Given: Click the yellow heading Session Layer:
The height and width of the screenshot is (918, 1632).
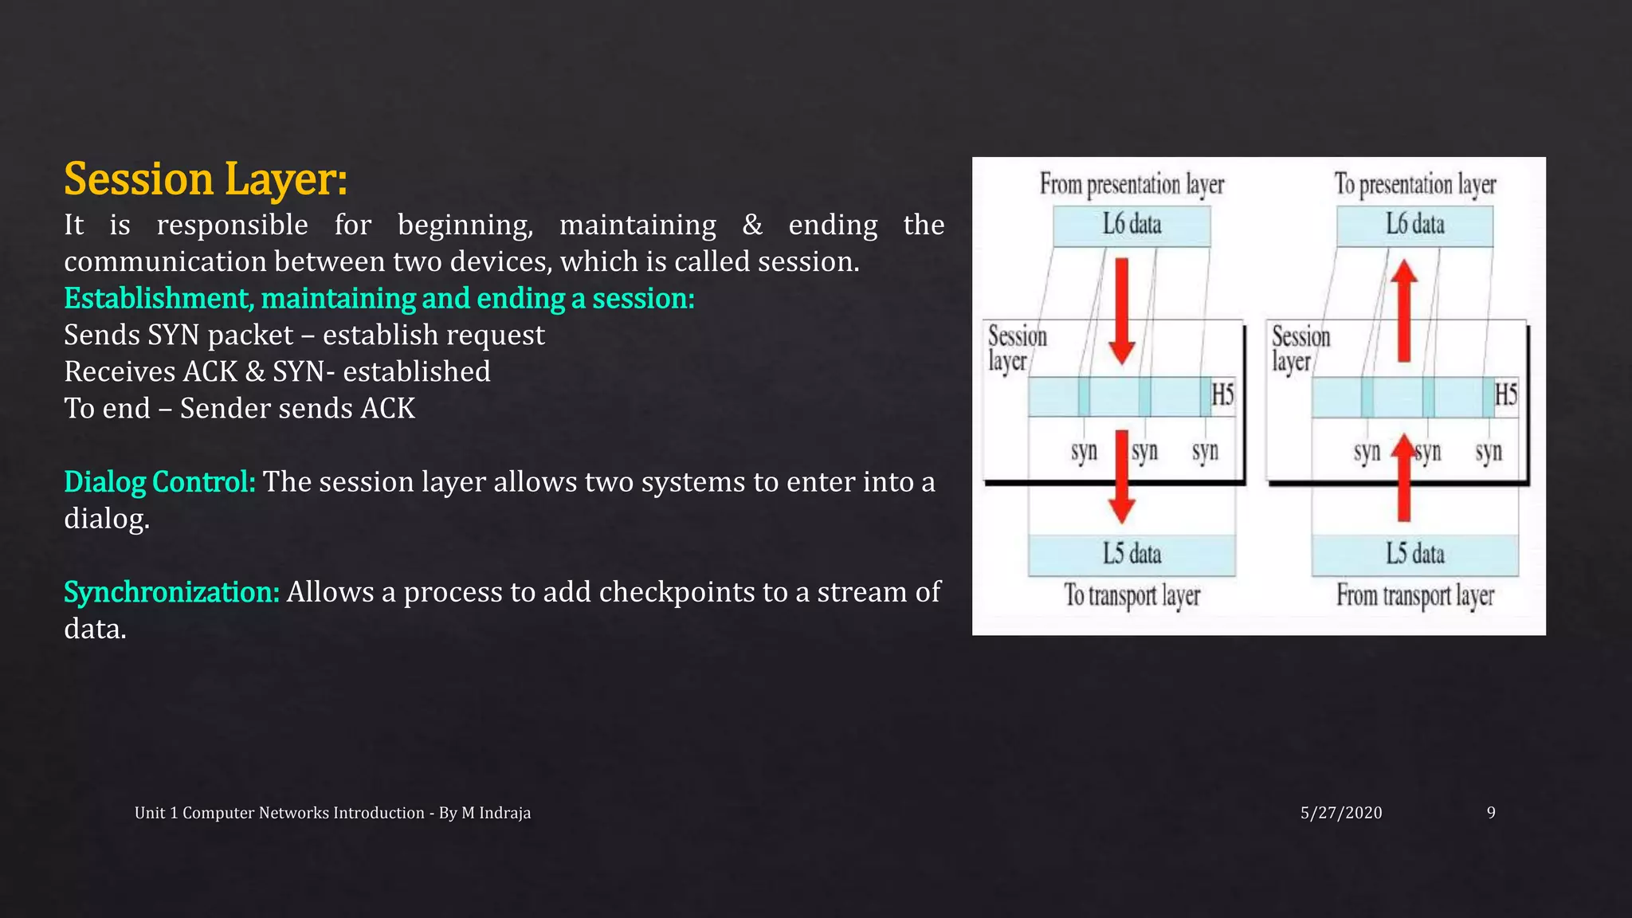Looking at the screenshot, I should click(206, 179).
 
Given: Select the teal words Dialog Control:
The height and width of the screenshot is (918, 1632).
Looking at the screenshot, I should click(159, 482).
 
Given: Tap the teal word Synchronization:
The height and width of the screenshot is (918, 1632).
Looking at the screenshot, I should click(171, 592).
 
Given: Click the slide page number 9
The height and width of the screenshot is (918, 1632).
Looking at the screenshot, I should click(1491, 813).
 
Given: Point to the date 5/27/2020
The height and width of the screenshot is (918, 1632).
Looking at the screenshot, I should click(1341, 813).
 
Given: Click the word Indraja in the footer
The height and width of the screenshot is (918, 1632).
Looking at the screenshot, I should click(504, 813).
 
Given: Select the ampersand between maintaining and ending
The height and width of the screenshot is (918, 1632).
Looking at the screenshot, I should click(751, 226).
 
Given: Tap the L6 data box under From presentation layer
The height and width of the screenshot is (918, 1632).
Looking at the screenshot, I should click(1132, 226).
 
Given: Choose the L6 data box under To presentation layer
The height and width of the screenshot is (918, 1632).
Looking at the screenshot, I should click(1414, 226).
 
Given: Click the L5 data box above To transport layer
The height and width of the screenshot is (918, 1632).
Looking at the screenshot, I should click(1132, 555).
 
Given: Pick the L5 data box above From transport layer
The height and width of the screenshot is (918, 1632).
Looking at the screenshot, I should click(1414, 555).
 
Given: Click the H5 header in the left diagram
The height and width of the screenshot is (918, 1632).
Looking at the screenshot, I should click(1222, 395).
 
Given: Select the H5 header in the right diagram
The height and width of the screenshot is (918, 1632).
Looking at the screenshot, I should click(1505, 395).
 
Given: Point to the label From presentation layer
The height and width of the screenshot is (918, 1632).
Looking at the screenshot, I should click(1132, 185).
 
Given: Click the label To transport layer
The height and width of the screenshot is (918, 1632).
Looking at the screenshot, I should click(1132, 595).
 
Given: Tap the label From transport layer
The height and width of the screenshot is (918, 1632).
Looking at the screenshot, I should click(1414, 595).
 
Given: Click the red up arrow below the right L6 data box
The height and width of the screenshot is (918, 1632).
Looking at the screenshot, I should click(1404, 311).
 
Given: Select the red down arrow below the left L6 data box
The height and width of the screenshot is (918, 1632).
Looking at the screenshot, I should click(1122, 311).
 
